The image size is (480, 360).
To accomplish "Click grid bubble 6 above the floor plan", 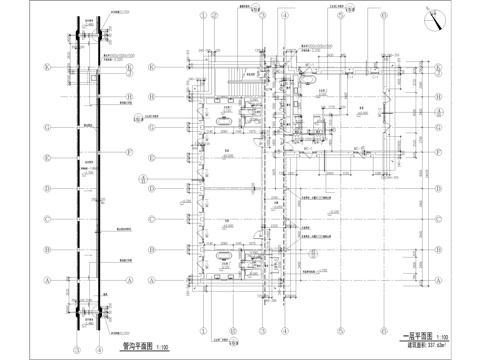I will tap(381, 16).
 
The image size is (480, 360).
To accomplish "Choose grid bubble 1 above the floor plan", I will tap(204, 16).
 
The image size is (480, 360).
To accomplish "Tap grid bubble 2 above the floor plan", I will tap(246, 16).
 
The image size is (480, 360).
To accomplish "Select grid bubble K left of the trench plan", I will tap(45, 67).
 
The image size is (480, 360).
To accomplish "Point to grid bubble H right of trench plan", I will tap(130, 97).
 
